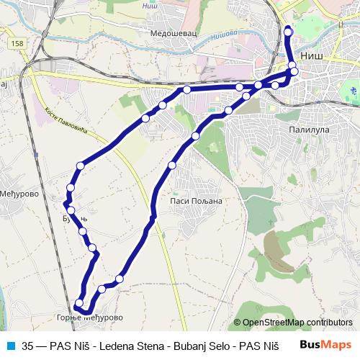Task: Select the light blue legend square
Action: (x=9, y=345)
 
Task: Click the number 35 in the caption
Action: (x=28, y=345)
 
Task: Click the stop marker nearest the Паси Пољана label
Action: (x=172, y=166)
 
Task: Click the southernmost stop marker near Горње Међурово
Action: (x=79, y=303)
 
